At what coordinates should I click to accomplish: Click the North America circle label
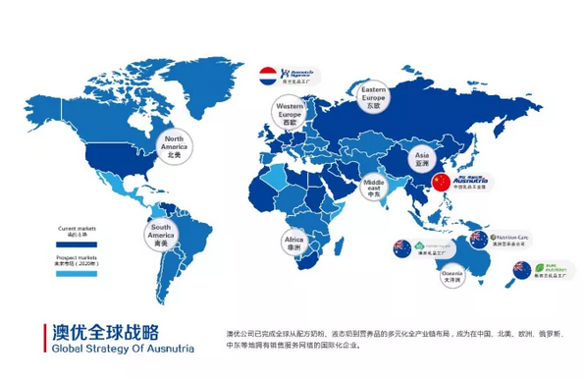pyautogui.click(x=174, y=146)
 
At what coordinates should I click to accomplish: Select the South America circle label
pyautogui.click(x=161, y=236)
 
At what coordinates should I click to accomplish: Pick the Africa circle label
pyautogui.click(x=293, y=241)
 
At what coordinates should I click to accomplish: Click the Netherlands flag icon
pyautogui.click(x=266, y=75)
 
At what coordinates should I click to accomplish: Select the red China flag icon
pyautogui.click(x=440, y=184)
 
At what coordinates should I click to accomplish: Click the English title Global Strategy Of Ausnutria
pyautogui.click(x=111, y=349)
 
